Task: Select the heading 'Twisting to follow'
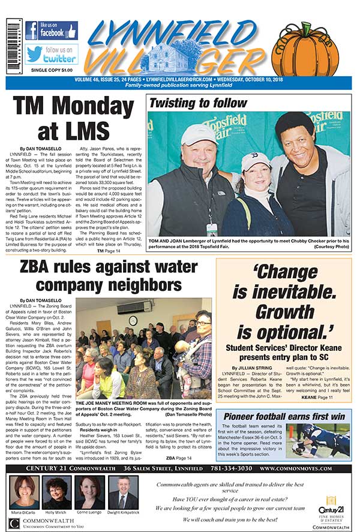[x=197, y=103]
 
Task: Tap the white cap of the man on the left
[x=199, y=134]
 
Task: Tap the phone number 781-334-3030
[x=227, y=468]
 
